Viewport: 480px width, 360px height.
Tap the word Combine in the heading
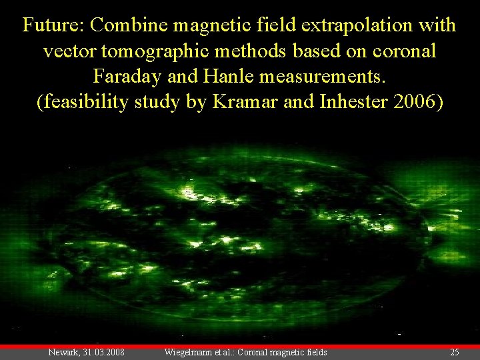[131, 25]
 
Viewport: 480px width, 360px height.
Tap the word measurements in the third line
[327, 76]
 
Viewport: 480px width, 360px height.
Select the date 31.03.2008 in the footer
[103, 352]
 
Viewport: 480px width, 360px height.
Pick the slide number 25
[455, 352]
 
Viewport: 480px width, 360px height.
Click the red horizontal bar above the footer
[240, 346]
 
